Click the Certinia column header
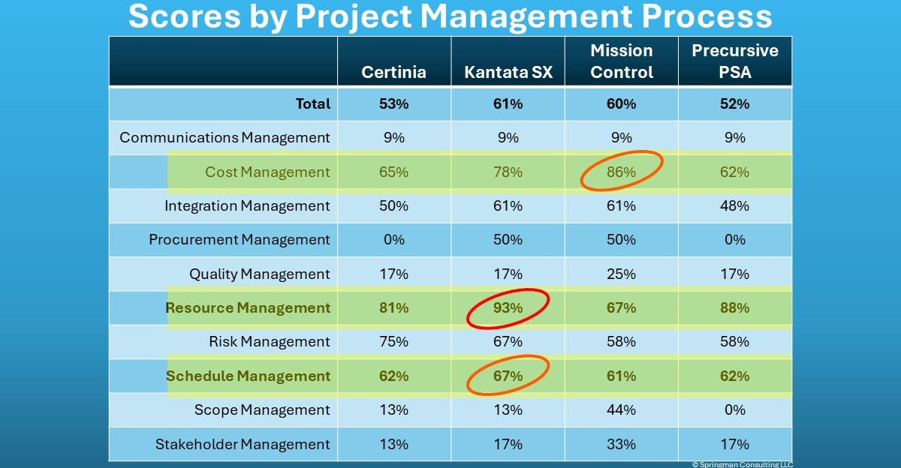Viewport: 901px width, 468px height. pos(393,72)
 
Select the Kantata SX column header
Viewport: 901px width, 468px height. pos(508,72)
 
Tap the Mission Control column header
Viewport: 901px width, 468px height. pos(621,61)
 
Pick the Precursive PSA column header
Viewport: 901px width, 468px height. pos(735,61)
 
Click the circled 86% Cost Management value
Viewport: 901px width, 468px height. pos(621,172)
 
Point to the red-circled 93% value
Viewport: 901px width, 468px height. pos(508,307)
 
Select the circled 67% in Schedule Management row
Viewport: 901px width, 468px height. pos(508,376)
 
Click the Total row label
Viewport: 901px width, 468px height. pos(312,103)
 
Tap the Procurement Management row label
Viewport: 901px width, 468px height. pos(239,240)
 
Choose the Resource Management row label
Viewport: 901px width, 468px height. pos(248,307)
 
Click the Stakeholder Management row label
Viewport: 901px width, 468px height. pos(242,444)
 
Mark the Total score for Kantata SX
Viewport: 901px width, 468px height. pos(508,103)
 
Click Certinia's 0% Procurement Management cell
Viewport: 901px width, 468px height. pos(393,240)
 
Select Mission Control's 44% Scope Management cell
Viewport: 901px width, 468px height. pos(621,409)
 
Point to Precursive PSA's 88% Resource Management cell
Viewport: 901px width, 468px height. pos(735,307)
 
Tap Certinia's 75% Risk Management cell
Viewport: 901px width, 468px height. pos(393,341)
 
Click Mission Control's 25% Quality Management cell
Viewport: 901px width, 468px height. pos(621,274)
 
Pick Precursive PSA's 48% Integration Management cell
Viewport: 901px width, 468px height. pos(735,205)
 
